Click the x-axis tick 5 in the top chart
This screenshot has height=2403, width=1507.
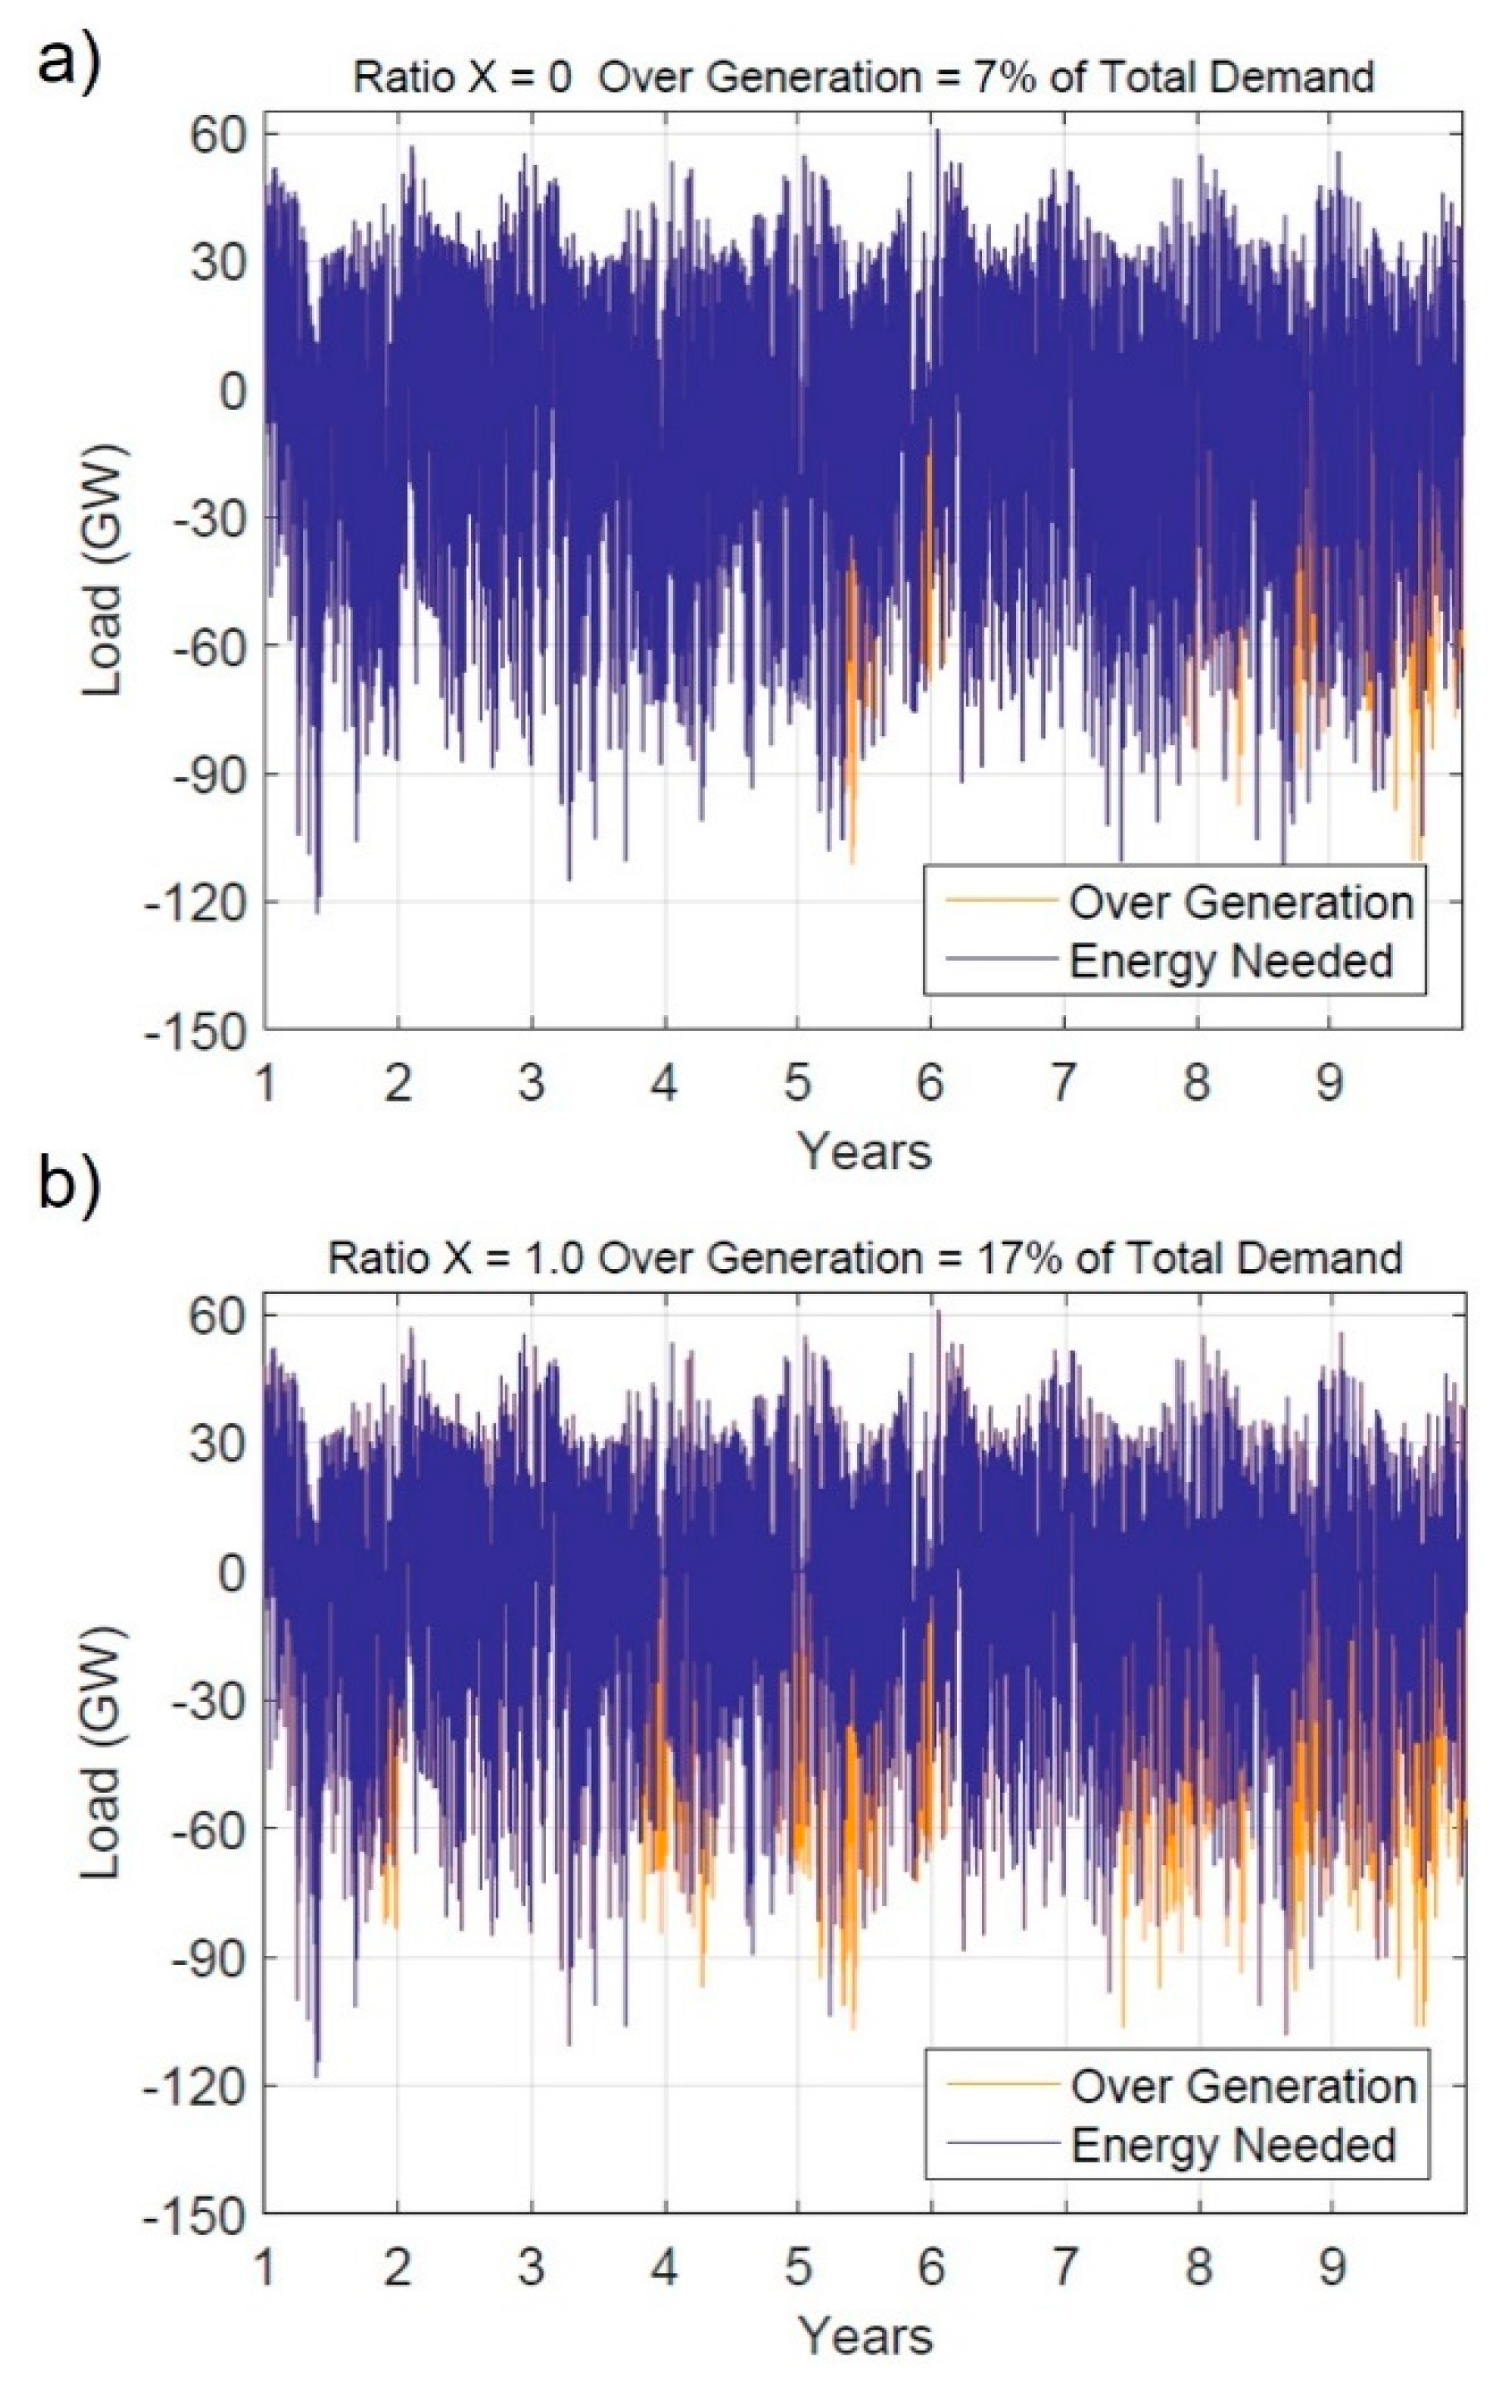pos(797,1082)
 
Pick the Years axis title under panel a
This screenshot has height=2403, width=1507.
pos(864,1152)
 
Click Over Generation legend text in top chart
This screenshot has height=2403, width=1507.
pos(1241,903)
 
